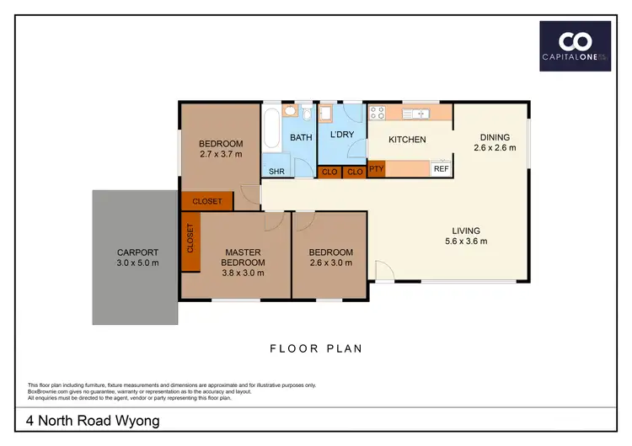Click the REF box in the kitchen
pos(441,168)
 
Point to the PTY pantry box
pos(376,168)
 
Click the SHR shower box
pos(276,172)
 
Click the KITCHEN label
pos(406,140)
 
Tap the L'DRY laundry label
pos(341,135)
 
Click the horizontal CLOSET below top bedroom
pos(207,201)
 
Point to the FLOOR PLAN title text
pos(316,348)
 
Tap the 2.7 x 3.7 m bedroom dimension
pos(221,154)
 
